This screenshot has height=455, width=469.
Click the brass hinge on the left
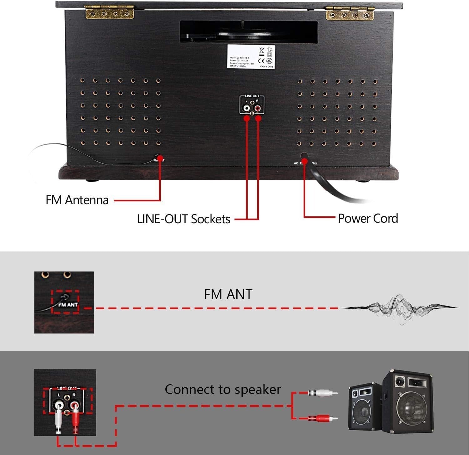[109, 12]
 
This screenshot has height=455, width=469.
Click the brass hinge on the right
[350, 13]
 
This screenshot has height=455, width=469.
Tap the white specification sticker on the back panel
[251, 56]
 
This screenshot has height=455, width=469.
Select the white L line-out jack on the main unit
[247, 108]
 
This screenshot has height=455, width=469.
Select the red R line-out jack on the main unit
[258, 108]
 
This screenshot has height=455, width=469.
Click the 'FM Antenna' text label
[77, 200]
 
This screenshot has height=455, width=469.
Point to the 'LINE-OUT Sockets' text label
[184, 219]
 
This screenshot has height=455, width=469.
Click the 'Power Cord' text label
[368, 218]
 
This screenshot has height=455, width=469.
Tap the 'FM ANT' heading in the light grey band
[228, 294]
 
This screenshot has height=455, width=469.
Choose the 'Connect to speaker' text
[223, 390]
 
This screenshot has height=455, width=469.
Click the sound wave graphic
[399, 308]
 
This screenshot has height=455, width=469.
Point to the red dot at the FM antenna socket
[160, 159]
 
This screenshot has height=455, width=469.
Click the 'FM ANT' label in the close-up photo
[68, 304]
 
